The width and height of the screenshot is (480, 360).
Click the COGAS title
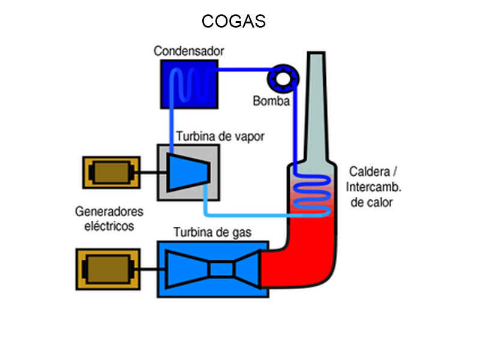pyautogui.click(x=233, y=22)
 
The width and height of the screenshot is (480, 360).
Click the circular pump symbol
pyautogui.click(x=280, y=77)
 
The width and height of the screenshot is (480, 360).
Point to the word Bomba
pyautogui.click(x=271, y=101)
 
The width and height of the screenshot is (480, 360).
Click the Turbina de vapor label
pyautogui.click(x=220, y=137)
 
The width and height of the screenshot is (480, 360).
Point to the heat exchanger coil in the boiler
pyautogui.click(x=310, y=196)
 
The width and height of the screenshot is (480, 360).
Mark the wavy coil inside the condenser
pyautogui.click(x=188, y=84)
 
